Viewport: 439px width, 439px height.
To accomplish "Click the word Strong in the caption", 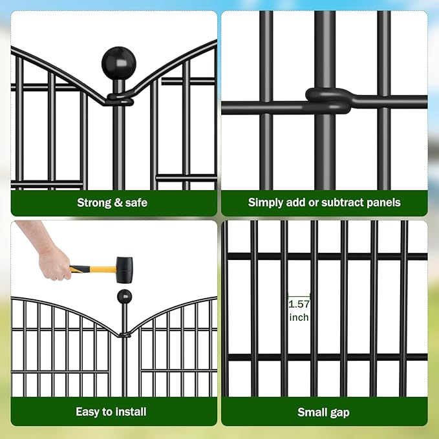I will (x=94, y=202).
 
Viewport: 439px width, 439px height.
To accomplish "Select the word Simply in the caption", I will (x=265, y=202).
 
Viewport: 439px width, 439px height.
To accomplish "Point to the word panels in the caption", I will (x=384, y=202).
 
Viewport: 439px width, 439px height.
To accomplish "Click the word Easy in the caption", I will (x=88, y=412).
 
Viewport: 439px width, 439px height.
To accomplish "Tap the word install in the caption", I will (x=131, y=412).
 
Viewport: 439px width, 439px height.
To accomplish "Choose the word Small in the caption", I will (x=313, y=412).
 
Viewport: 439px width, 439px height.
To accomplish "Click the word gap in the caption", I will (x=341, y=412).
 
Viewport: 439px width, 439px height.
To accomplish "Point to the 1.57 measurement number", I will (x=299, y=303).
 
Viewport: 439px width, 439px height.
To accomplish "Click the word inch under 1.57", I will (x=299, y=317).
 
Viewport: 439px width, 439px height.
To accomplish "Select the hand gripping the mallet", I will (x=53, y=263).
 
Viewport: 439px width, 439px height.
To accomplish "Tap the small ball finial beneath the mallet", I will (x=124, y=297).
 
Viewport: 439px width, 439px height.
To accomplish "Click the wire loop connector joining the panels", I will (x=328, y=100).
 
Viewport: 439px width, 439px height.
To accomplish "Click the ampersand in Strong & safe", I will (x=117, y=202).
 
